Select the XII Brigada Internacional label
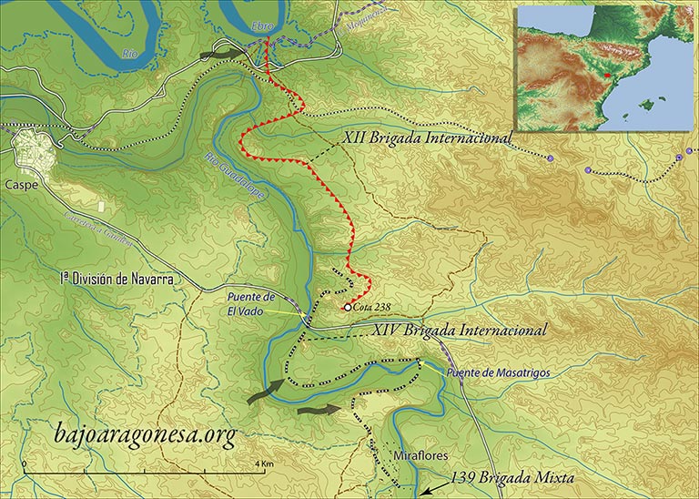click(427, 137)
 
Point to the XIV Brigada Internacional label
click(461, 331)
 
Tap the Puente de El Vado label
click(251, 302)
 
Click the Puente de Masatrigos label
click(498, 372)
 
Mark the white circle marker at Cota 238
click(347, 308)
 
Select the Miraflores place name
click(420, 454)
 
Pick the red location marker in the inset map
click(606, 75)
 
